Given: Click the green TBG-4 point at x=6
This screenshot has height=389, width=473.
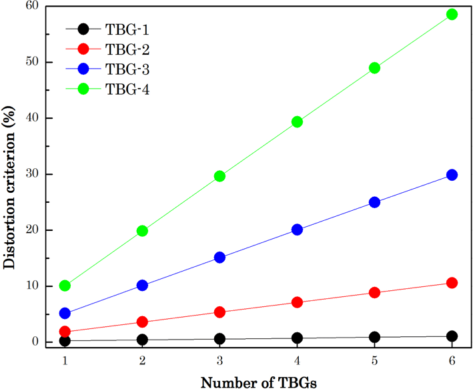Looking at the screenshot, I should pos(452,14).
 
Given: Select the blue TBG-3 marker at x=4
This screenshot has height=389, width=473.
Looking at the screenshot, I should pos(297,230).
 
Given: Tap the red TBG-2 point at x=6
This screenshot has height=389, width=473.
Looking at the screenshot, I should pos(452,283).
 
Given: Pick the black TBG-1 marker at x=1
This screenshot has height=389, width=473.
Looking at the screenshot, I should pos(65,341).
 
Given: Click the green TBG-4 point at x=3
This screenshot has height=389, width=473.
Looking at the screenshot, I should pos(219,176).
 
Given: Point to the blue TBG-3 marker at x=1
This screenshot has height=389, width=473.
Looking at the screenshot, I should pos(65,313).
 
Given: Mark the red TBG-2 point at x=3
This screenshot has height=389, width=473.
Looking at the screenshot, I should pos(219,312).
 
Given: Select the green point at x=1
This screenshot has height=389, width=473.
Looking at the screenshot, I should pos(65,286).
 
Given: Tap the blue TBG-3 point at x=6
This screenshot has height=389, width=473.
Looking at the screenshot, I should pos(452,175).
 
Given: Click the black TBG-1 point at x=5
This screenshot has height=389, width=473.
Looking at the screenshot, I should pos(374,337).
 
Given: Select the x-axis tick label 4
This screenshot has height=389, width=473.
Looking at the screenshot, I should pos(297,360).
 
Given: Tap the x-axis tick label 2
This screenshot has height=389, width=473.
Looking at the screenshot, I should pos(142,360).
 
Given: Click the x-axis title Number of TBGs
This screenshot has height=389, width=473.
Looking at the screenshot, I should pos(258,382).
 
